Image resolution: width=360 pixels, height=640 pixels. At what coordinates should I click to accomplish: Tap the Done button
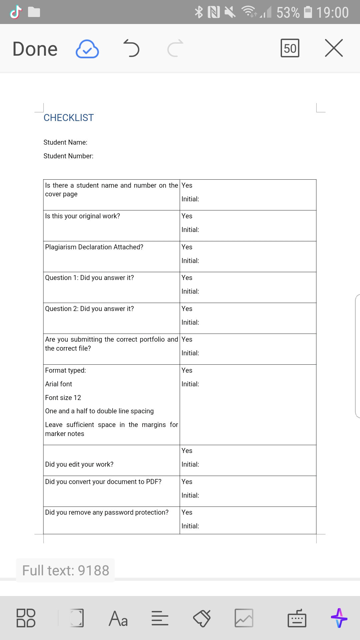point(35,49)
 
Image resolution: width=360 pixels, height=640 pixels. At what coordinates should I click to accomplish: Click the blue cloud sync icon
point(87,49)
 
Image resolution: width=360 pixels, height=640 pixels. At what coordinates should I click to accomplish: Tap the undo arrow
point(131,48)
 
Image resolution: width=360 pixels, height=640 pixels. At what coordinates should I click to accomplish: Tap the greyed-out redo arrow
point(175,48)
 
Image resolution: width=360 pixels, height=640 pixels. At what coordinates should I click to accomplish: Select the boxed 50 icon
point(290,48)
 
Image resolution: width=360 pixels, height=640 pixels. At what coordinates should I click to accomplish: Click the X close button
point(334,48)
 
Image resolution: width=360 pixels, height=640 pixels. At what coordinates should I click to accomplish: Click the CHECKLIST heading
point(69,118)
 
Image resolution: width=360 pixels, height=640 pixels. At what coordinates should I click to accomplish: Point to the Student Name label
point(65,142)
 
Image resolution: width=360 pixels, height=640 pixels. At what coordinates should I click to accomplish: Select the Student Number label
point(68,156)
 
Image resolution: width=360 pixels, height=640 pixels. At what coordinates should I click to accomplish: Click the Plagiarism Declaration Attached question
point(94,247)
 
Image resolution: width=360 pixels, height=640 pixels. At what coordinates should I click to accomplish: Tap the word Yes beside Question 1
point(187,278)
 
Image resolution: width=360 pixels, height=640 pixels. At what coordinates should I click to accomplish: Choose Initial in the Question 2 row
point(190,322)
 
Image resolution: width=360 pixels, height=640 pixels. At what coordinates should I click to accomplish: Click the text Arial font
point(59,384)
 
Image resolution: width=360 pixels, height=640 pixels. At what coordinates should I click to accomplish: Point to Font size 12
point(63,398)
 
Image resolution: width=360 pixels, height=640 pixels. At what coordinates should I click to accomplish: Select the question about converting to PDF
point(103,482)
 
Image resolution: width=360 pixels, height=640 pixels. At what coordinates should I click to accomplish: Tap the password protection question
point(107,512)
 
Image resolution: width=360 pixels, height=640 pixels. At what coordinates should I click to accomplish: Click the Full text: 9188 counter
point(66,570)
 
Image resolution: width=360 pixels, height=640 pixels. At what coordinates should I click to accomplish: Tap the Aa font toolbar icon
point(118,618)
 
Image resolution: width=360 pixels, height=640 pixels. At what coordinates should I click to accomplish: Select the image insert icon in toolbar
point(244,618)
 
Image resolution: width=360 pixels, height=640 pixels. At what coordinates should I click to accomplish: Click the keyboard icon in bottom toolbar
point(297,618)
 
